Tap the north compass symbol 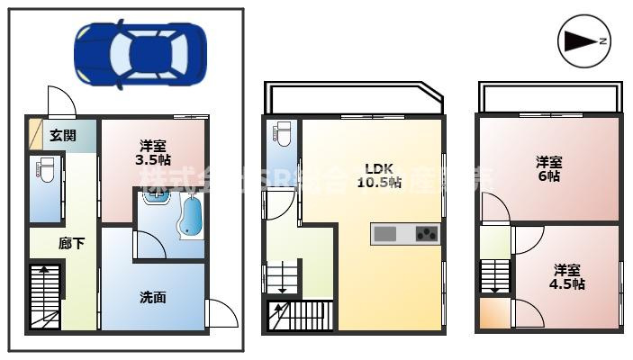tap(584, 40)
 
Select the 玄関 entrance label tap(61, 136)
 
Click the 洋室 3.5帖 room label tap(152, 152)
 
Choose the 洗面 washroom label tap(152, 296)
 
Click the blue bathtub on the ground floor tap(191, 217)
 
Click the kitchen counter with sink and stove tap(404, 234)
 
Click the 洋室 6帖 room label tap(549, 169)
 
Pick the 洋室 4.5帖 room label tap(567, 276)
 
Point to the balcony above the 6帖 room tap(548, 97)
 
